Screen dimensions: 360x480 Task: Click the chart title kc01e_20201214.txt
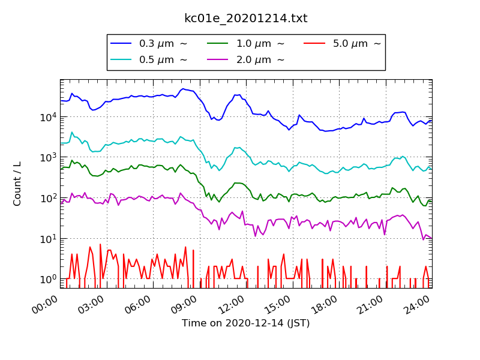click(246, 19)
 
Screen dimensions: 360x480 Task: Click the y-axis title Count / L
click(17, 184)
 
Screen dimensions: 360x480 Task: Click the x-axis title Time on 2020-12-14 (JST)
click(246, 323)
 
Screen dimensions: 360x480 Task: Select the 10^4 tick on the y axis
click(47, 116)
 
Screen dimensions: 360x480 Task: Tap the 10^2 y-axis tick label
click(47, 198)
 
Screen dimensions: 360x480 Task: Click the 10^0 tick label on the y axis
click(47, 279)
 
